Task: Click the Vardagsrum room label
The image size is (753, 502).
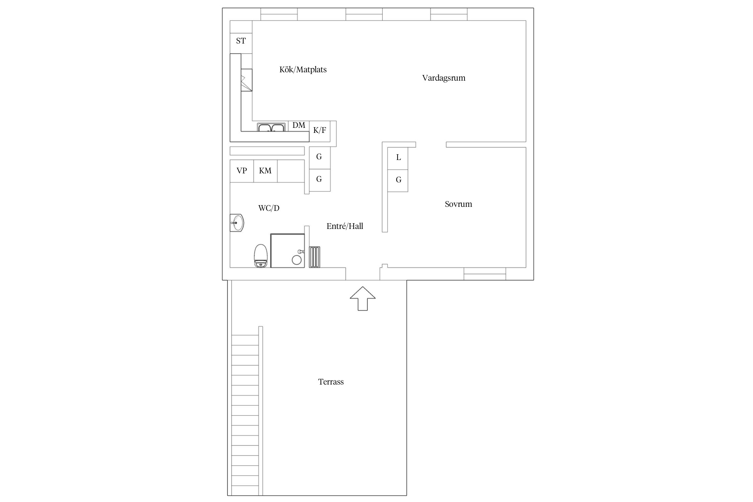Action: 443,78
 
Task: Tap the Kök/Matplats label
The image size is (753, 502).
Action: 303,70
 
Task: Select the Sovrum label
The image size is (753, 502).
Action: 458,204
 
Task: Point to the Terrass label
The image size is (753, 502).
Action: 331,382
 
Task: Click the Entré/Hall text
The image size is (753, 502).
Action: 345,226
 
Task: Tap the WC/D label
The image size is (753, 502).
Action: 269,208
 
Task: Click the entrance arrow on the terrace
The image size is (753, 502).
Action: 363,299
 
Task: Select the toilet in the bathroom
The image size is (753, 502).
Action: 261,256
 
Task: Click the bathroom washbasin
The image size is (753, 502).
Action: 237,223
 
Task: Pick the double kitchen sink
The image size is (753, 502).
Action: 271,128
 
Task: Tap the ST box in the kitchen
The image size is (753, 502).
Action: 241,41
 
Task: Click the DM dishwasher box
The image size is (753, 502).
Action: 299,126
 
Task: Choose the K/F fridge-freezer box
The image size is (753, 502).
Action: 320,131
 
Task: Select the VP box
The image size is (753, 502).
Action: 242,171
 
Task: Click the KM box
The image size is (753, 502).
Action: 265,171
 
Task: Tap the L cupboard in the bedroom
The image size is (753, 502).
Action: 398,158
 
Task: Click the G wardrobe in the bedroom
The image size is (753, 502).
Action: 398,180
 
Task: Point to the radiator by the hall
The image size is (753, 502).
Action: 315,257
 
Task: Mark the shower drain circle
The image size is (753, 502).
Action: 297,260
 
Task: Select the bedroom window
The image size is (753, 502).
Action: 485,274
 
